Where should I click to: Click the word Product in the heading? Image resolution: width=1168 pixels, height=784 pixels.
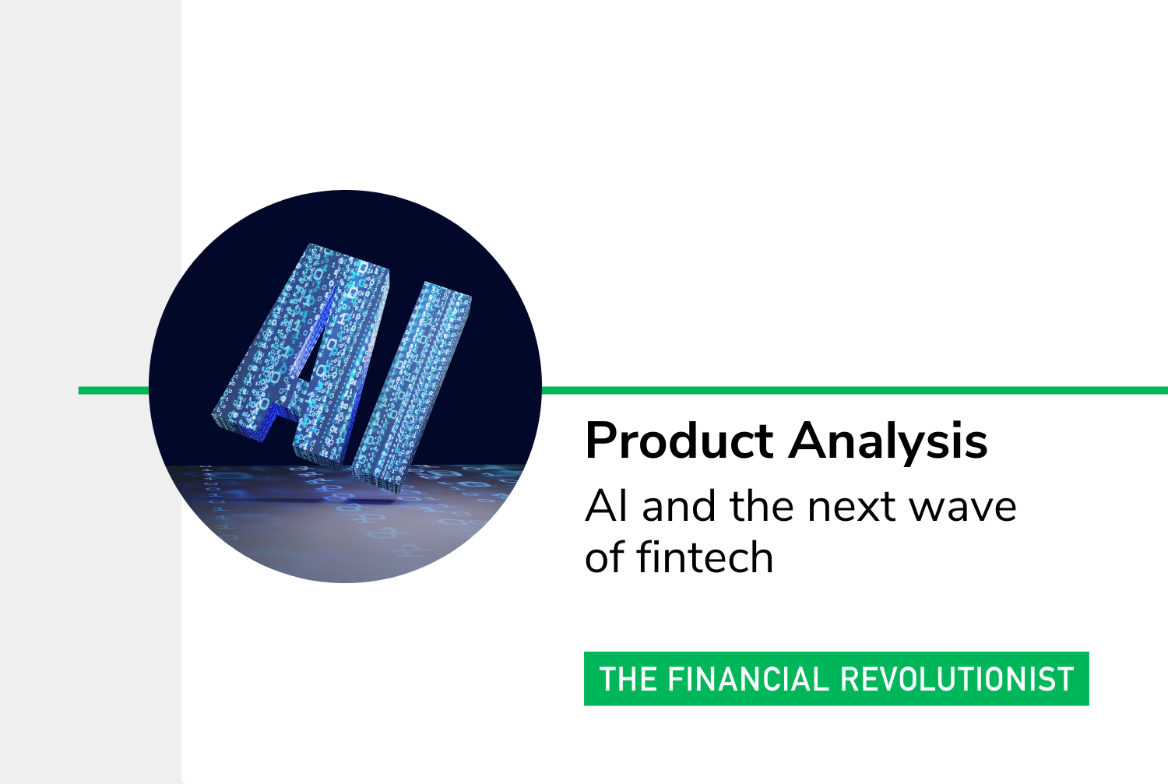(x=679, y=441)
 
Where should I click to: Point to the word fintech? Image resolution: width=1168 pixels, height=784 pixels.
(x=705, y=557)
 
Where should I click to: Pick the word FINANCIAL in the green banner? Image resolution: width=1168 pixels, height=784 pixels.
(x=748, y=679)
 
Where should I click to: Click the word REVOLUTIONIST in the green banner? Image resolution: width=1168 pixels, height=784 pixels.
(x=957, y=679)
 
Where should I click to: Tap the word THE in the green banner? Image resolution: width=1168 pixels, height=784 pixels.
(x=628, y=679)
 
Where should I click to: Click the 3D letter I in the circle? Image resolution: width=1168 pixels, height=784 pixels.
(x=412, y=385)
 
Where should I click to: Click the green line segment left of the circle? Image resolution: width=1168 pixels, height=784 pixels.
(x=114, y=390)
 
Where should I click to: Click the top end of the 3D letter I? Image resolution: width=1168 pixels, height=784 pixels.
(x=449, y=290)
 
